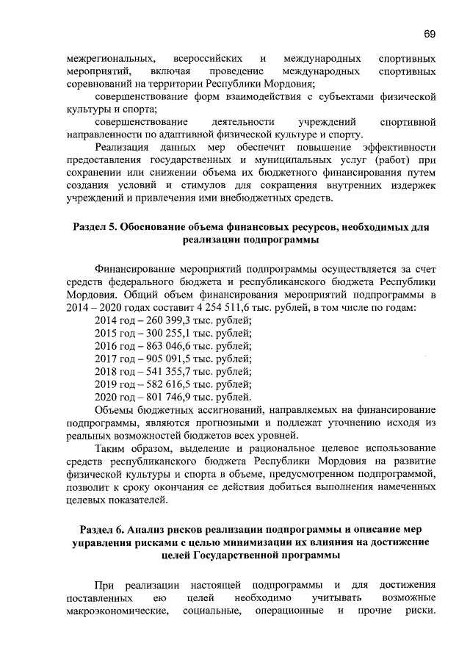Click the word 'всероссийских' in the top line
click(203, 58)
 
